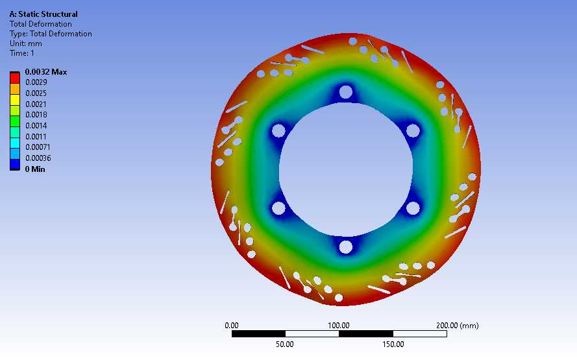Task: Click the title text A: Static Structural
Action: pyautogui.click(x=43, y=14)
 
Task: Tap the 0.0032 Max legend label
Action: pyautogui.click(x=46, y=72)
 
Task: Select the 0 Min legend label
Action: pyautogui.click(x=35, y=169)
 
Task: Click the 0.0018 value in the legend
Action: pyautogui.click(x=36, y=115)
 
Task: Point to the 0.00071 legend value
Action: pyautogui.click(x=38, y=147)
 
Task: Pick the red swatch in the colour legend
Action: pyautogui.click(x=15, y=78)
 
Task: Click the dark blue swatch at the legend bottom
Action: pyautogui.click(x=15, y=164)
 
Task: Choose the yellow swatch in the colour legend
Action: pyautogui.click(x=15, y=100)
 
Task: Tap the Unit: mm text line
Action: pyautogui.click(x=26, y=43)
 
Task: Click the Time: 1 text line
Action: pyautogui.click(x=22, y=53)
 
